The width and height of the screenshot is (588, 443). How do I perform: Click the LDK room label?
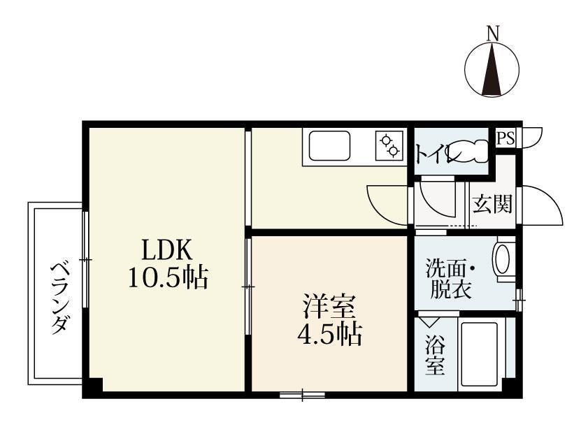(166, 249)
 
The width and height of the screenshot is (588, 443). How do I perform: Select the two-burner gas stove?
(390, 145)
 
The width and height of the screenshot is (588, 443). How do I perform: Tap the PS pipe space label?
(505, 138)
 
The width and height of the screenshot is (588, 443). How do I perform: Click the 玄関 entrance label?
(492, 205)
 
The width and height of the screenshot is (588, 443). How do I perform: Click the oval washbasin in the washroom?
(503, 260)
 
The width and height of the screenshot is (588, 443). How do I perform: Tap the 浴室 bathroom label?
(435, 356)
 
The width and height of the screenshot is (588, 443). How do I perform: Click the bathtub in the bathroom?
(480, 356)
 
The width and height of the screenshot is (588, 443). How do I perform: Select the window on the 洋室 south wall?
(302, 395)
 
